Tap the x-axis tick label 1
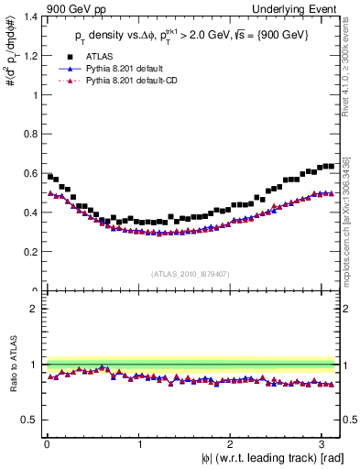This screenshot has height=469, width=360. click(139, 442)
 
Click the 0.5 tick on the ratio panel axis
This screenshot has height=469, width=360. click(28, 420)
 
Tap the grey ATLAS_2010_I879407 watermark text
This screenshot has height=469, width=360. click(191, 273)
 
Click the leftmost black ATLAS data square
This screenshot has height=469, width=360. click(50, 176)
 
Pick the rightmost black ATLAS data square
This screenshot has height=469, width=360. click(332, 166)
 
